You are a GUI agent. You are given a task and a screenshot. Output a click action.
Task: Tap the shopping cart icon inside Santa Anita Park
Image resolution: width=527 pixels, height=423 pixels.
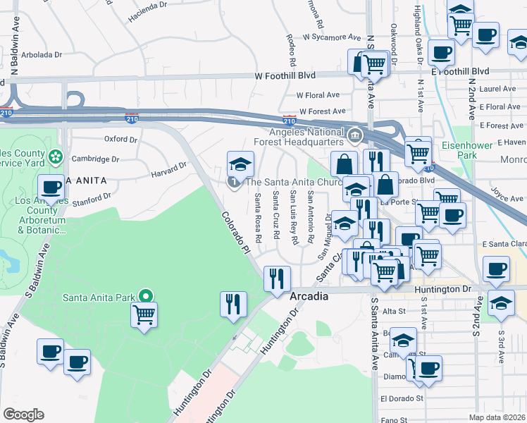[x=144, y=314]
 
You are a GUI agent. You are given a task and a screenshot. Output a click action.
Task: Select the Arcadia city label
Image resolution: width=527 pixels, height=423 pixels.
[x=309, y=297]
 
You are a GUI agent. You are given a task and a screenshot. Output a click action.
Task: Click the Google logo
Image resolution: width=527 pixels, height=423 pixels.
[x=23, y=414]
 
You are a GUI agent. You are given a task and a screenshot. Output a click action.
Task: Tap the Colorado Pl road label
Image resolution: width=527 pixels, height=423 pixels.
[x=237, y=232]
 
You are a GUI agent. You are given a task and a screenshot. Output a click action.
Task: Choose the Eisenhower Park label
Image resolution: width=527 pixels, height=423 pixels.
[x=485, y=150]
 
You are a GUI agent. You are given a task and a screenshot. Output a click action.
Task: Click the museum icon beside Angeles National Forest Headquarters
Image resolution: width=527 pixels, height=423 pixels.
[x=354, y=133]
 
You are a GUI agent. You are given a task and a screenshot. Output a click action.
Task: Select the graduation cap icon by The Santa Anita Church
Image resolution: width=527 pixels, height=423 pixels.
[x=240, y=165]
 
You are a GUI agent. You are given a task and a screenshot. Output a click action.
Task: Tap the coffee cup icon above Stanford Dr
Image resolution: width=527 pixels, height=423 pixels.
[x=51, y=188]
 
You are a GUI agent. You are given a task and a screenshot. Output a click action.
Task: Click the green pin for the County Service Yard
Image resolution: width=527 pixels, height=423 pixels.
[x=56, y=155]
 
